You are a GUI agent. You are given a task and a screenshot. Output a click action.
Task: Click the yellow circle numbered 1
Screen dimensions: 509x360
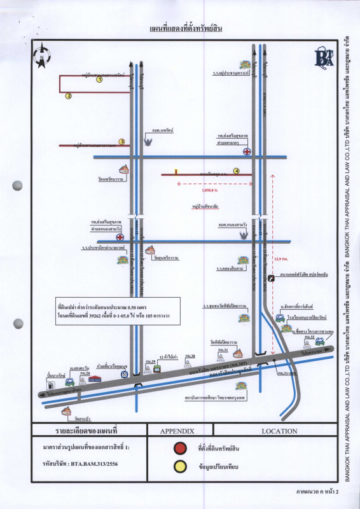pos(99,80)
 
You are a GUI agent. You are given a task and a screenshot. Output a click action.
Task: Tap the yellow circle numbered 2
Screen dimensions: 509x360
pos(68,96)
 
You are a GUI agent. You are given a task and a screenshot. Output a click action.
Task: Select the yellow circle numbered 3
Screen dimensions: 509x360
pos(121,142)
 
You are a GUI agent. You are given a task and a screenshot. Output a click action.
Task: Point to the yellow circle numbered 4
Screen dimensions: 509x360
pos(236,171)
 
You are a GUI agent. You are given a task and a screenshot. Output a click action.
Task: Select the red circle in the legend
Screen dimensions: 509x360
pos(181,448)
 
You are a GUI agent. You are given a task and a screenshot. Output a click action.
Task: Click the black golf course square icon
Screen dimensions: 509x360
pos(272,278)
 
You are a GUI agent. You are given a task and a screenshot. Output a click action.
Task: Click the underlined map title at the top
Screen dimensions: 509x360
pos(181,30)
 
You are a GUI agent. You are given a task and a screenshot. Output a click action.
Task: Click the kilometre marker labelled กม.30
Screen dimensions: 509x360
pos(189,356)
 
